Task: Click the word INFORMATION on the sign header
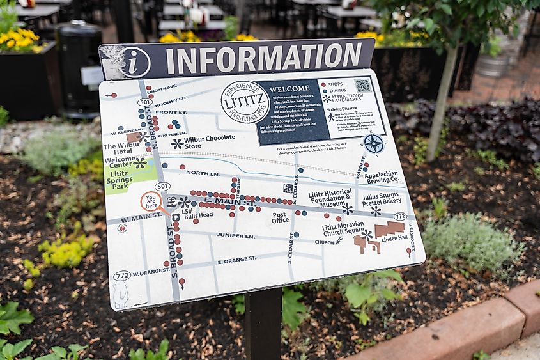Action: tap(263, 58)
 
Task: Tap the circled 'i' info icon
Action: tap(134, 62)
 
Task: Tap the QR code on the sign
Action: tap(363, 85)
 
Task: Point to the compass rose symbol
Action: tap(373, 144)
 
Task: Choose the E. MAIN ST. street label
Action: tap(229, 205)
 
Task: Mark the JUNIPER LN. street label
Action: tap(236, 235)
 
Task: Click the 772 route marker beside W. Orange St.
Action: tap(122, 276)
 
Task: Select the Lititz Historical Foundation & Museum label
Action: tap(330, 198)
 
